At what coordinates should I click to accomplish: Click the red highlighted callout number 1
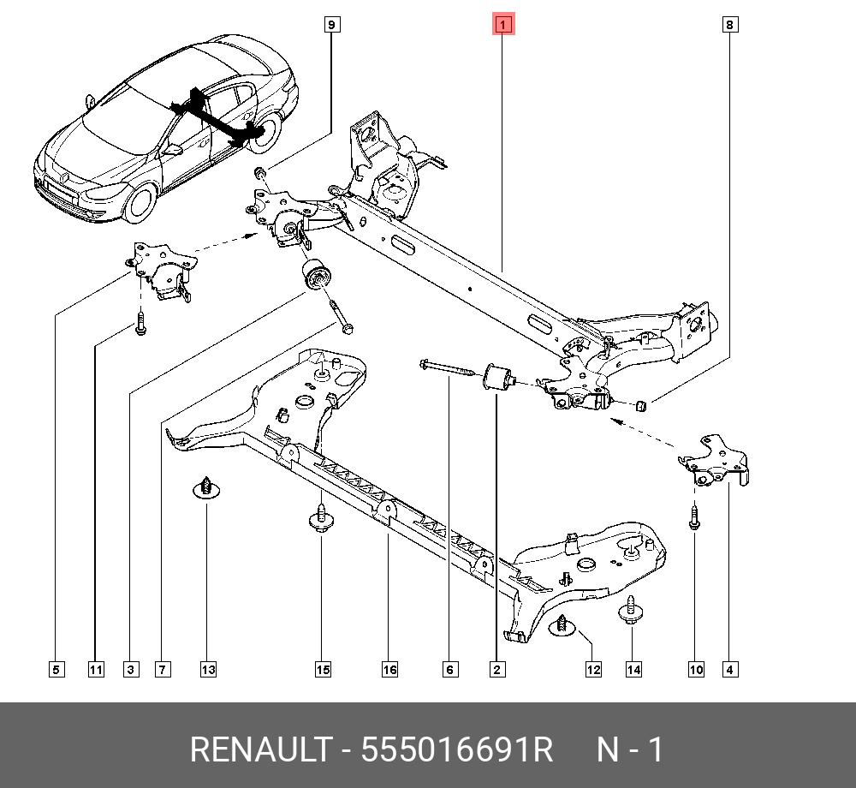502,25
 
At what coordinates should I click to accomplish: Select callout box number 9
332,25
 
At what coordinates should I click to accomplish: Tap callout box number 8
729,25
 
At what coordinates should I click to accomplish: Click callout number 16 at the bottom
389,669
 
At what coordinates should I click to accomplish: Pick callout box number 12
593,669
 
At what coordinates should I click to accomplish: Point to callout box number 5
56,669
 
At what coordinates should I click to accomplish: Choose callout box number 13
208,669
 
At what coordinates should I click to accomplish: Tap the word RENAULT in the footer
259,750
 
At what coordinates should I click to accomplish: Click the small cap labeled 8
643,404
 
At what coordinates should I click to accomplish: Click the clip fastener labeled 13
206,488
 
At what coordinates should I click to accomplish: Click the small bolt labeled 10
694,517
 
